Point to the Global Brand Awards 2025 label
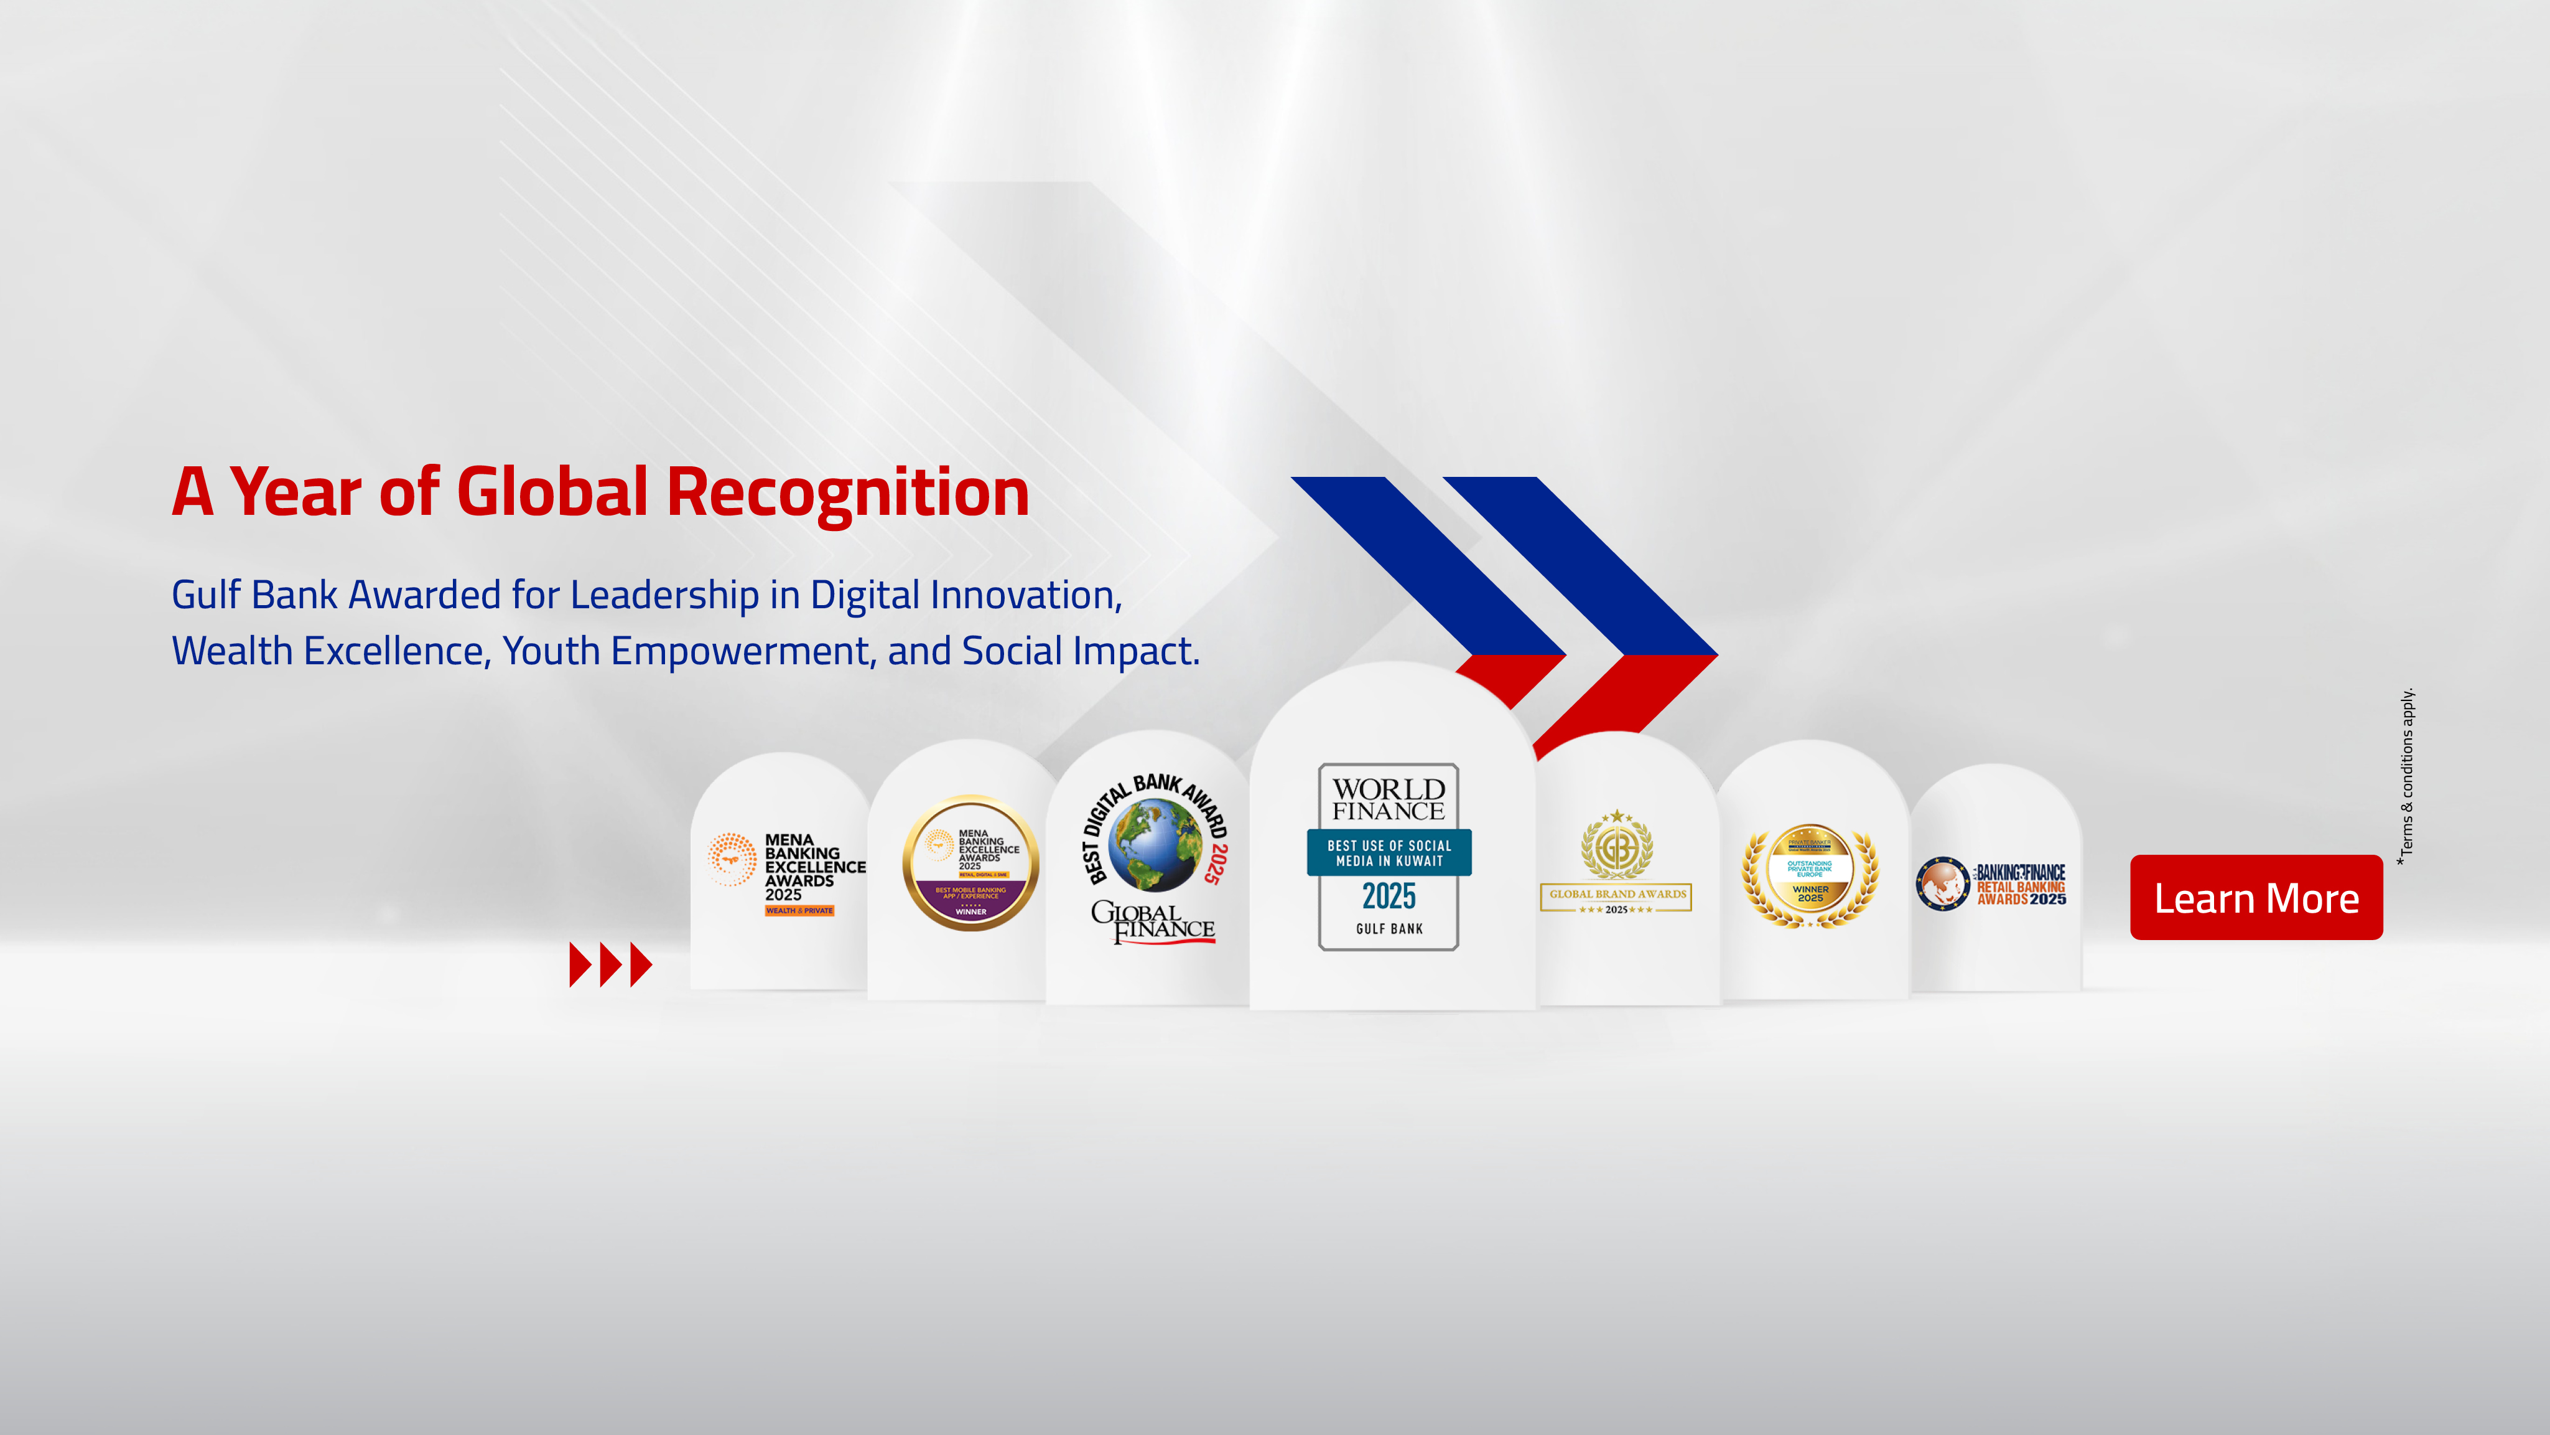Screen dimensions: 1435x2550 1616,897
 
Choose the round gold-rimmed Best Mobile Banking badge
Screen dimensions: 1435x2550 970,862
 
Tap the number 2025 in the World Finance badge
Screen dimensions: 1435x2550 1389,896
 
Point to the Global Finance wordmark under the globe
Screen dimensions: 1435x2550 1153,921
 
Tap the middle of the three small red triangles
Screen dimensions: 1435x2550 611,964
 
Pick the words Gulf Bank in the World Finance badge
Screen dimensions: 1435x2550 1389,929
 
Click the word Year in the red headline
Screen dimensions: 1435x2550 295,492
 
